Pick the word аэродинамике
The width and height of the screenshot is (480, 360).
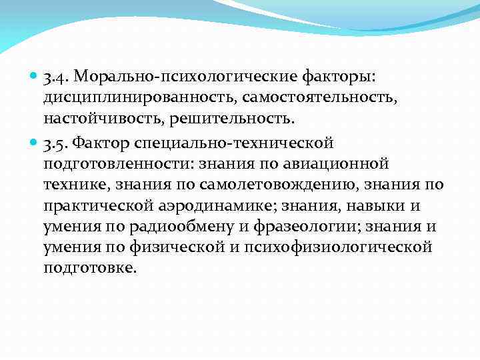coord(211,205)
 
